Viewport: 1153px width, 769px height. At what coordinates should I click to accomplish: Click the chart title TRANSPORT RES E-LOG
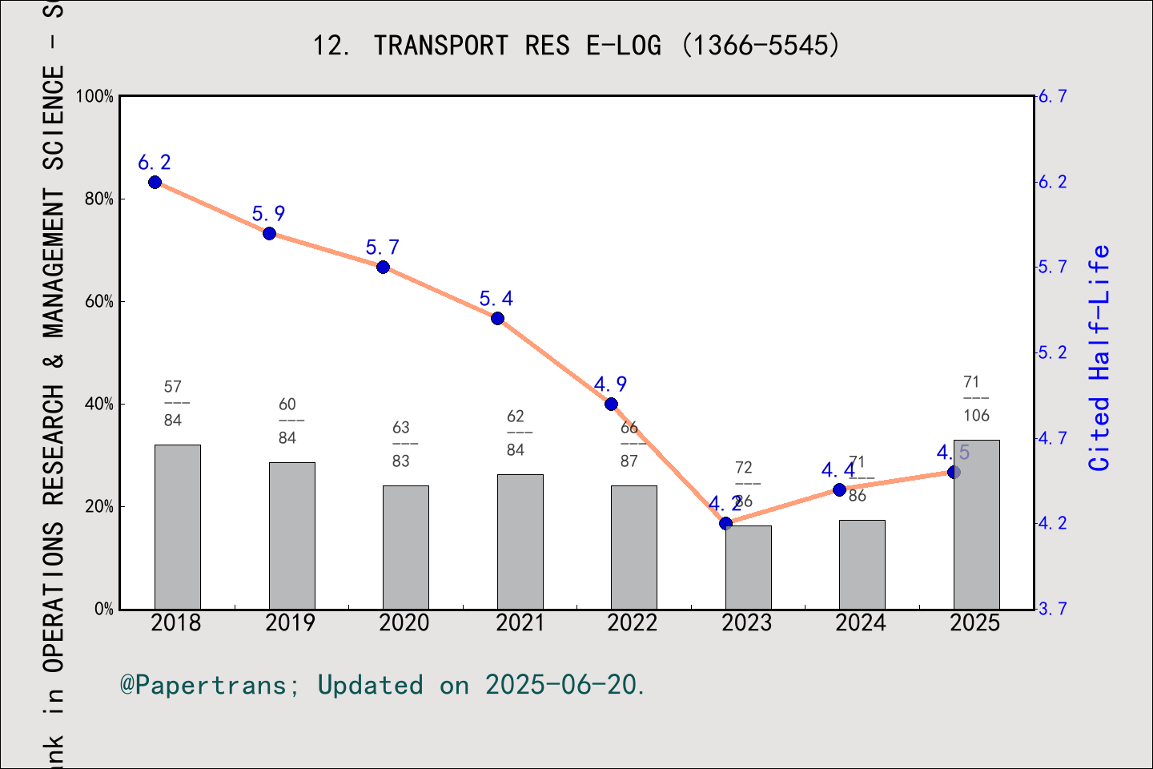[x=576, y=46]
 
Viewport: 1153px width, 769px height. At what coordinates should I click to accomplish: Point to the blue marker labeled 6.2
[x=155, y=182]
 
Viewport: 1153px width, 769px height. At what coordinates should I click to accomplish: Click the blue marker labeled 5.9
[x=270, y=233]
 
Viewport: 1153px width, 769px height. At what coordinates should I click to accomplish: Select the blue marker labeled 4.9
[x=611, y=404]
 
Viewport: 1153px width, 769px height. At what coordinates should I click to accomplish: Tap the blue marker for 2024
[x=839, y=489]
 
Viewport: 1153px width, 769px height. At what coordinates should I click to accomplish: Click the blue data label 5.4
[x=496, y=299]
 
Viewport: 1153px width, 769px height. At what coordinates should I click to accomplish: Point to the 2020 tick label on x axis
[x=404, y=623]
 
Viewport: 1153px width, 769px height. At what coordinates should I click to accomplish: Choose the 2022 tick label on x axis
[x=633, y=623]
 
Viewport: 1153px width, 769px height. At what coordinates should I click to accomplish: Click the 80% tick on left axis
[x=99, y=199]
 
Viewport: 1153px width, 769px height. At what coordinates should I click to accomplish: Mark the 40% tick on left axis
[x=99, y=404]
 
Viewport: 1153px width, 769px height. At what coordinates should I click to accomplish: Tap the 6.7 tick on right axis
[x=1052, y=96]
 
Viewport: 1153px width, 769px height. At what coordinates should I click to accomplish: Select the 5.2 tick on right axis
[x=1052, y=352]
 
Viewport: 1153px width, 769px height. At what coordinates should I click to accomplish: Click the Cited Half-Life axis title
[x=1099, y=357]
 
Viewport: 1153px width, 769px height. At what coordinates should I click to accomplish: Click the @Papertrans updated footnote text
[x=383, y=685]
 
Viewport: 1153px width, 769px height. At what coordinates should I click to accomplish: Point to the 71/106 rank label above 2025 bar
[x=976, y=398]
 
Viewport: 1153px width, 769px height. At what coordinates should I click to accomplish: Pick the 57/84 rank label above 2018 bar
[x=173, y=403]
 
